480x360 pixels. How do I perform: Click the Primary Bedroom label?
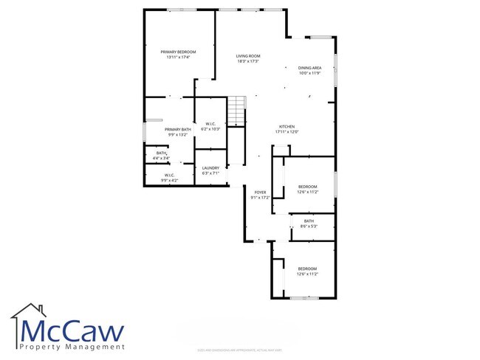[x=177, y=52]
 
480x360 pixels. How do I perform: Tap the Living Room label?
[x=247, y=56]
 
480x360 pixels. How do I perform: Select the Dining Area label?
[x=309, y=67]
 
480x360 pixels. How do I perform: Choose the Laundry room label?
[x=210, y=168]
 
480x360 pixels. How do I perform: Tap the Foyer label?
[x=258, y=192]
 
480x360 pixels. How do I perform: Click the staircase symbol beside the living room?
[x=236, y=111]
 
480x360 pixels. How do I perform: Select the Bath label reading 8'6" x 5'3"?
[x=309, y=221]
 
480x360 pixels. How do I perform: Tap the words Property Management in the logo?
[x=72, y=346]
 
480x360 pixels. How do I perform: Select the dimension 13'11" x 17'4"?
[x=177, y=57]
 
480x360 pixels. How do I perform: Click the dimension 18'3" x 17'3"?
[x=247, y=61]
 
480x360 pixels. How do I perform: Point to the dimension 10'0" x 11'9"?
[x=309, y=72]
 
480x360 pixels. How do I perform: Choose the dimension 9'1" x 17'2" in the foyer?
[x=258, y=197]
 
